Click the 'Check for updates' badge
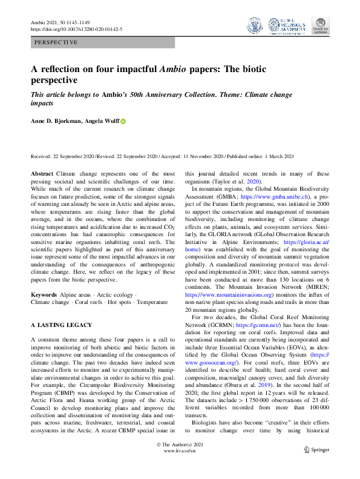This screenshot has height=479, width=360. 320,25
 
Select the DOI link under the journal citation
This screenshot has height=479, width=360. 77,28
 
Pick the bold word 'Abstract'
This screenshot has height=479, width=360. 42,173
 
